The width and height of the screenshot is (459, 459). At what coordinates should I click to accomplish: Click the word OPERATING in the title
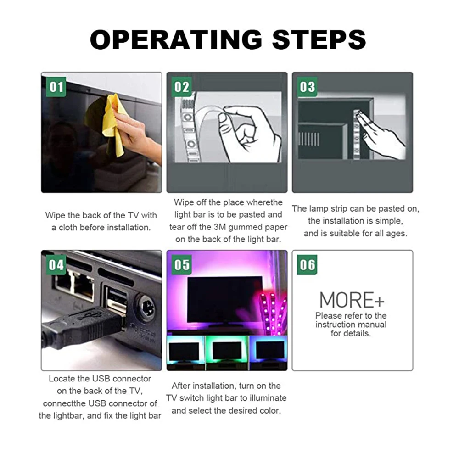coord(176,39)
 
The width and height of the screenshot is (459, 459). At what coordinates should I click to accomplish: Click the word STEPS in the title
coord(319,39)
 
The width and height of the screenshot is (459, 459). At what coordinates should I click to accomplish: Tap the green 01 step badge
coord(56,87)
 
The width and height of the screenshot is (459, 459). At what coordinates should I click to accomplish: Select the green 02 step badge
coord(182,87)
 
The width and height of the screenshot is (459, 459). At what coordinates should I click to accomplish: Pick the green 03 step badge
coord(307,87)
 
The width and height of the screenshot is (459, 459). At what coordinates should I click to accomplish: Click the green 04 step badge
coord(56,265)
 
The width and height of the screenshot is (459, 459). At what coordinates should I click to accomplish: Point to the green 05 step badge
coord(182,265)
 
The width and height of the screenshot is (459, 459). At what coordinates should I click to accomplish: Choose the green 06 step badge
coord(307,265)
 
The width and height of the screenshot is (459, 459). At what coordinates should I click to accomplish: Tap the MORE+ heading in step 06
coord(352,300)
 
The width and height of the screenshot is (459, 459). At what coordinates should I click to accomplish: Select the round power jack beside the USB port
coord(146,308)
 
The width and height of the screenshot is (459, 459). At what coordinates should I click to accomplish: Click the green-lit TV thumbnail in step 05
coord(227,353)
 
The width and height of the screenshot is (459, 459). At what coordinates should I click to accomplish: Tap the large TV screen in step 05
coord(225,299)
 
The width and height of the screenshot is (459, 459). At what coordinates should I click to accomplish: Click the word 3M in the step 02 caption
coord(219,227)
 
